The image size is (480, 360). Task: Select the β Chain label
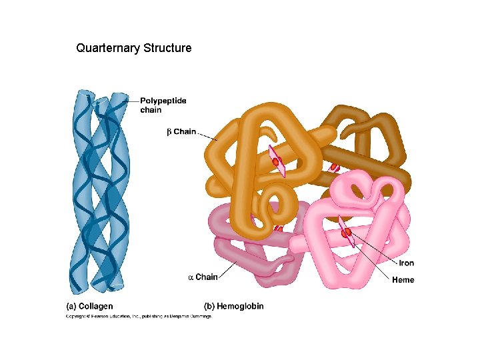pyautogui.click(x=181, y=131)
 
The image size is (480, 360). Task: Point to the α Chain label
pyautogui.click(x=203, y=277)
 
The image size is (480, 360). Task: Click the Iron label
pyautogui.click(x=406, y=263)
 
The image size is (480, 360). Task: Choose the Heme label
pyautogui.click(x=403, y=280)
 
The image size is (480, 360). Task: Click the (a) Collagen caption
pyautogui.click(x=90, y=306)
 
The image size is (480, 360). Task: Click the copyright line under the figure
pyautogui.click(x=138, y=317)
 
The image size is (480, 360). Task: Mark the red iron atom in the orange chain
pyautogui.click(x=275, y=161)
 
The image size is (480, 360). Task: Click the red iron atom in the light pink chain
pyautogui.click(x=347, y=233)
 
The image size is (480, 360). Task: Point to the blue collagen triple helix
pyautogui.click(x=100, y=193)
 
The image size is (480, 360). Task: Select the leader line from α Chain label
pyautogui.click(x=227, y=271)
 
